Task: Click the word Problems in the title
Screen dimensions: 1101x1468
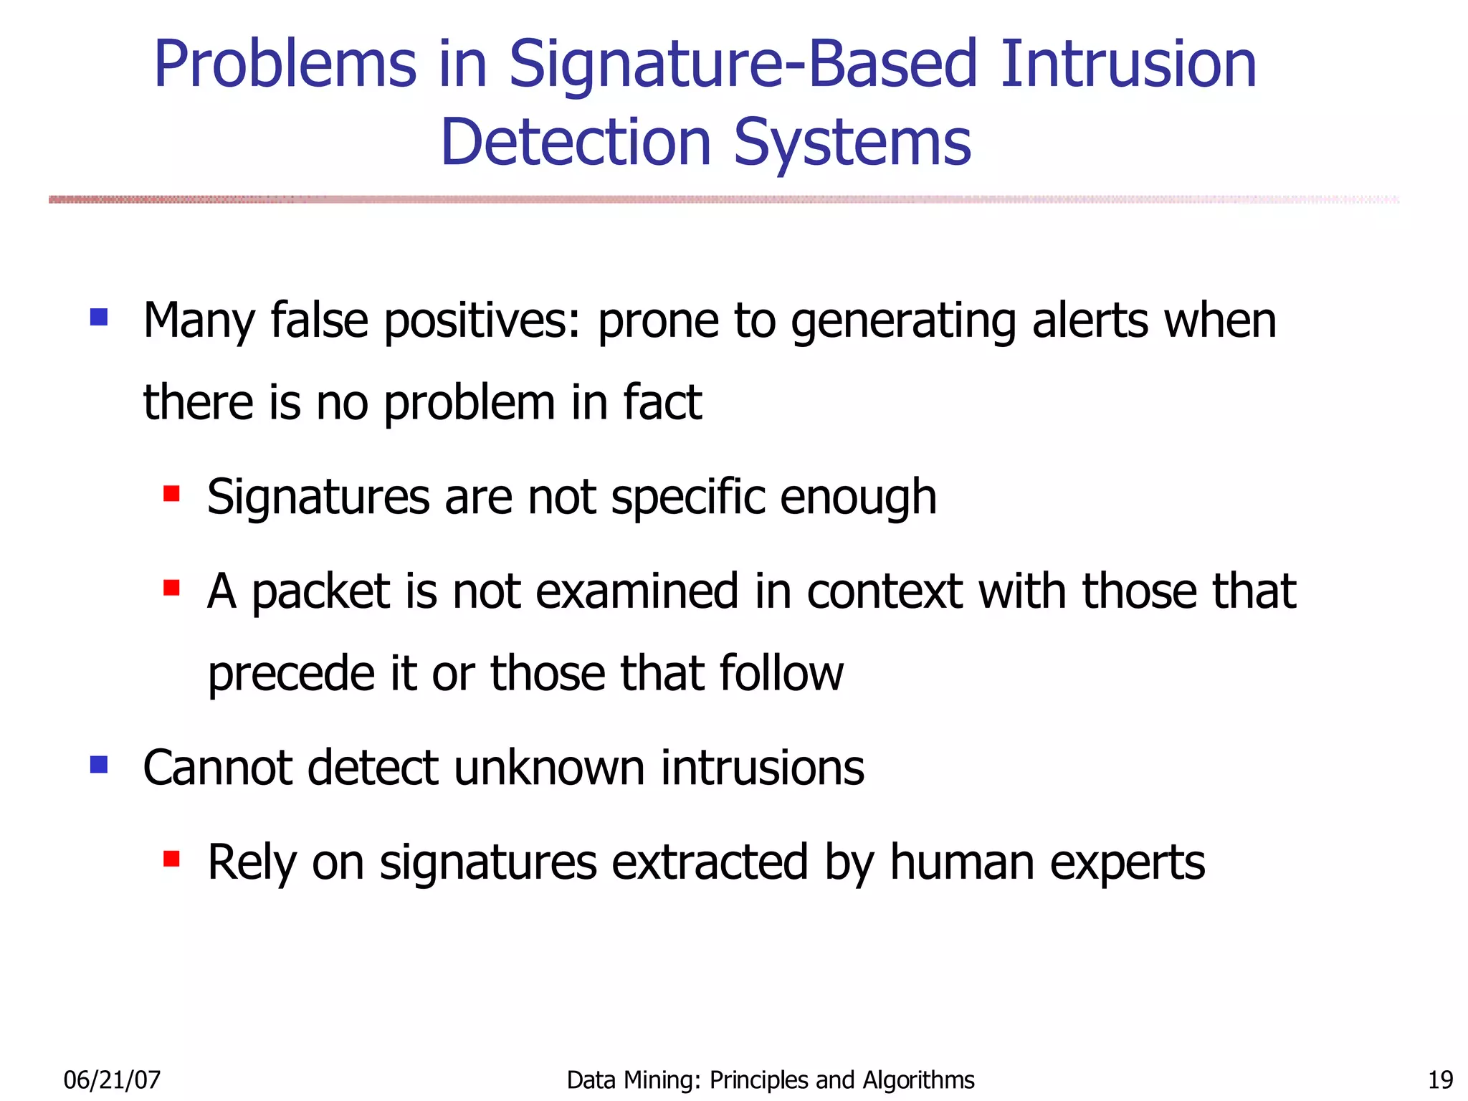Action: click(x=285, y=66)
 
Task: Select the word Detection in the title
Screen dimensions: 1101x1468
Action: click(x=575, y=143)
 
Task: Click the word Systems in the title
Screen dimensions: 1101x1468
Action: click(x=852, y=144)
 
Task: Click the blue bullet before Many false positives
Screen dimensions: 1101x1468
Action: click(x=99, y=317)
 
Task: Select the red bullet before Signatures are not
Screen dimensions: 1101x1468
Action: click(x=171, y=494)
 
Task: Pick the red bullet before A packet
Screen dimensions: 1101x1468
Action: click(x=171, y=588)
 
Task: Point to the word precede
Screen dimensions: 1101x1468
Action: click(x=290, y=674)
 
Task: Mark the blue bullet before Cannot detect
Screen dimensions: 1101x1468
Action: click(x=99, y=765)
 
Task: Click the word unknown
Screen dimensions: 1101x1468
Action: click(x=548, y=768)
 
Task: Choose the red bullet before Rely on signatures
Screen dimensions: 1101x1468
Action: click(x=171, y=859)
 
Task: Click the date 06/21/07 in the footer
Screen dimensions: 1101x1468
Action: click(x=112, y=1079)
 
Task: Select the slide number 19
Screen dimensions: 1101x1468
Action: click(x=1440, y=1079)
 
